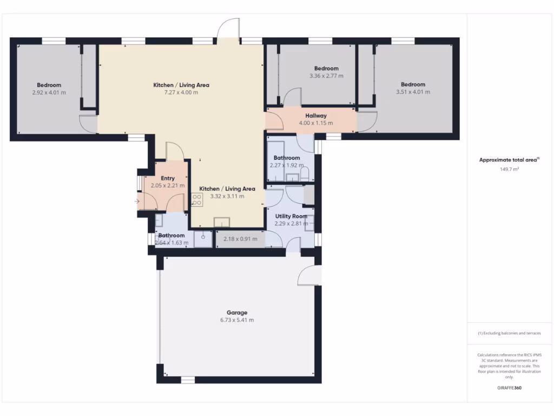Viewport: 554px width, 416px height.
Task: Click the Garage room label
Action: (x=237, y=313)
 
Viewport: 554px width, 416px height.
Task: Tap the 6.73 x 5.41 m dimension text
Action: (x=237, y=320)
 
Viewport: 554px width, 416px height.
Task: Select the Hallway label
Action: (x=316, y=115)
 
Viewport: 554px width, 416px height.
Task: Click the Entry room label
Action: (x=168, y=178)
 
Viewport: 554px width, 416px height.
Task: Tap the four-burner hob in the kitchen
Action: (x=196, y=200)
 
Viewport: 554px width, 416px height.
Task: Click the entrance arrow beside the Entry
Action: (x=137, y=202)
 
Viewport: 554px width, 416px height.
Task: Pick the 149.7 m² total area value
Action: (x=509, y=169)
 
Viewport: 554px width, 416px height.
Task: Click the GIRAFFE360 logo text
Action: (x=509, y=388)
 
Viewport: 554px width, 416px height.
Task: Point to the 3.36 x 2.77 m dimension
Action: (x=326, y=76)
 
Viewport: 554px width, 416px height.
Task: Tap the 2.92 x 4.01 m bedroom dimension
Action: (x=49, y=92)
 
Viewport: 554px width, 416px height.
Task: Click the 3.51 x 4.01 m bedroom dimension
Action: (x=413, y=92)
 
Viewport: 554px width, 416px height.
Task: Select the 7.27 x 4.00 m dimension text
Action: (x=181, y=92)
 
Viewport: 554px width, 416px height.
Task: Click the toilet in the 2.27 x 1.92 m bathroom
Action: (x=305, y=173)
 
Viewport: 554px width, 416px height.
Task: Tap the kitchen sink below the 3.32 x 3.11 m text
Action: (x=222, y=222)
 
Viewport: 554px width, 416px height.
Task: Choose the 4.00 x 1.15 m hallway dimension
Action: (x=316, y=123)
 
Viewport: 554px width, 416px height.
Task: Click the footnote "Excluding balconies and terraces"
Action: (x=509, y=333)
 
